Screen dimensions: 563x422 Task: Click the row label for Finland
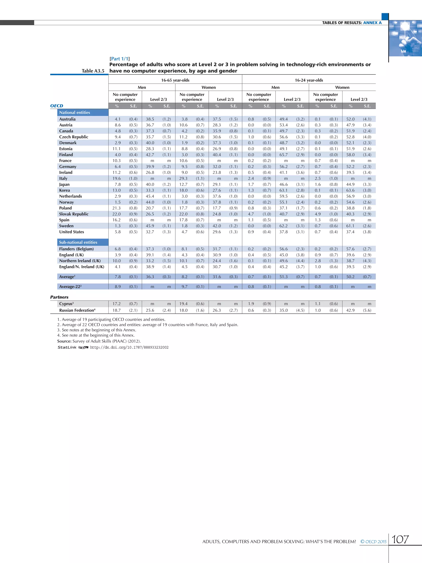point(66,155)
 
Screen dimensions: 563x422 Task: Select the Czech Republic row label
point(74,137)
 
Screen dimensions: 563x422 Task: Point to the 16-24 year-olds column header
point(309,80)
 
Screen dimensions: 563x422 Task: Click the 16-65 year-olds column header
point(175,80)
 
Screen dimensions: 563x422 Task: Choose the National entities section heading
point(75,113)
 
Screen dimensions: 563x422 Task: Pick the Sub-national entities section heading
point(78,242)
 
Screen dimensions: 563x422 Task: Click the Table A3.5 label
point(93,71)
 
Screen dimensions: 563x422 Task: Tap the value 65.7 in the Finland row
point(283,155)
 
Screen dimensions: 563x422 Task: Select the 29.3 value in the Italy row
point(183,178)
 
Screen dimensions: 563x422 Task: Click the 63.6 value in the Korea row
point(350,190)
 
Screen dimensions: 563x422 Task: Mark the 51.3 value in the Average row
point(283,277)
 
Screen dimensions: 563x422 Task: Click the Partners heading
point(59,297)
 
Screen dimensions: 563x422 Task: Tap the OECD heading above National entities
point(56,106)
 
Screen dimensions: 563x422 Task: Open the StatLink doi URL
point(129,347)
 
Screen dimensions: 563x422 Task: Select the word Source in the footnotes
point(64,341)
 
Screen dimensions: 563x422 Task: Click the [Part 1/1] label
point(120,59)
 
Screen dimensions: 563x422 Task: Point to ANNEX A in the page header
point(372,23)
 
